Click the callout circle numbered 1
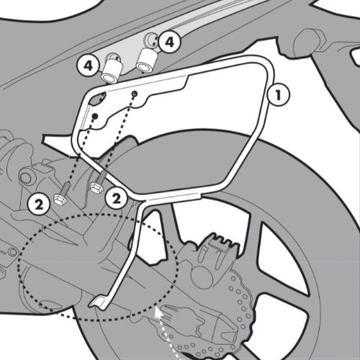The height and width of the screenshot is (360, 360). [x=278, y=95]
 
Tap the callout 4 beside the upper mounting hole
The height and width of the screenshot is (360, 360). [x=169, y=42]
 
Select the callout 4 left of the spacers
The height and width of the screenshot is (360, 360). [x=89, y=66]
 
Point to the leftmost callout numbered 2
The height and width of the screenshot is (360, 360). [x=39, y=205]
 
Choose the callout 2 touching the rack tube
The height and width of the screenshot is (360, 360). [x=116, y=199]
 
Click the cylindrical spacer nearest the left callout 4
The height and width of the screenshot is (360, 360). [x=112, y=71]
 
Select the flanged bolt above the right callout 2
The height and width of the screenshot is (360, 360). [x=98, y=182]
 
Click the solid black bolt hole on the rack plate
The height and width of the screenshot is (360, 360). [x=95, y=116]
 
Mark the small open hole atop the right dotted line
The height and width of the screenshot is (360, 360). [x=135, y=92]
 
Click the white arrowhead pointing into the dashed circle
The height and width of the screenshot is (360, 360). [x=158, y=312]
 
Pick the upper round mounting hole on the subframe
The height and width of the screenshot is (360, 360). [x=151, y=40]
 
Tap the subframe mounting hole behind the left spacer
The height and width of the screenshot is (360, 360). [x=113, y=58]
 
